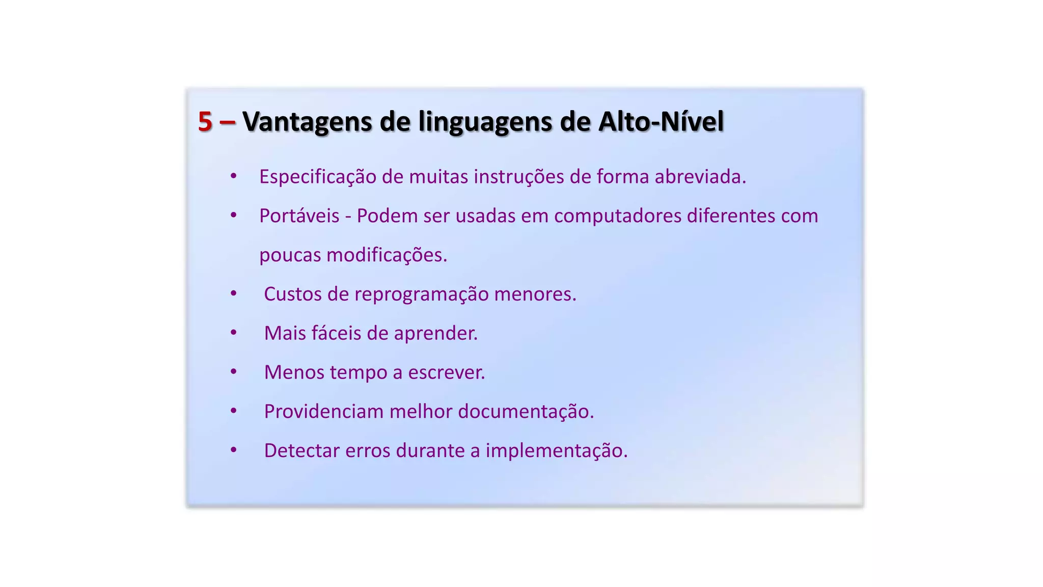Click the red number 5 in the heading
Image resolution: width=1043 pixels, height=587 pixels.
pyautogui.click(x=205, y=122)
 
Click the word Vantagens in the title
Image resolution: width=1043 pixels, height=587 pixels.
pyautogui.click(x=307, y=122)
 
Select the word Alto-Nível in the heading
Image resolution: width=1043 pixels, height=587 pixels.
pyautogui.click(x=661, y=122)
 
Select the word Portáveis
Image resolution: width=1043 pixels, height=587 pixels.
pyautogui.click(x=299, y=216)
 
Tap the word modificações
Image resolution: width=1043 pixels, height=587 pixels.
pyautogui.click(x=387, y=255)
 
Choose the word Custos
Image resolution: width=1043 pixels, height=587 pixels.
pyautogui.click(x=292, y=294)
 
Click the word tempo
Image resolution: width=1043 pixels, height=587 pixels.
pyautogui.click(x=359, y=372)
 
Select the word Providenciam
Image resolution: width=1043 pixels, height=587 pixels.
pyautogui.click(x=323, y=411)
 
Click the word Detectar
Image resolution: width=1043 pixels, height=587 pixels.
pyautogui.click(x=301, y=450)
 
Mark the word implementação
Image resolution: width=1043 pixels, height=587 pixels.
pyautogui.click(x=556, y=450)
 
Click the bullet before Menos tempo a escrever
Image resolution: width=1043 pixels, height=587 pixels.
pyautogui.click(x=233, y=371)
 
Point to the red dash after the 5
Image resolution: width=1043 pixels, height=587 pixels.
pyautogui.click(x=227, y=122)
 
